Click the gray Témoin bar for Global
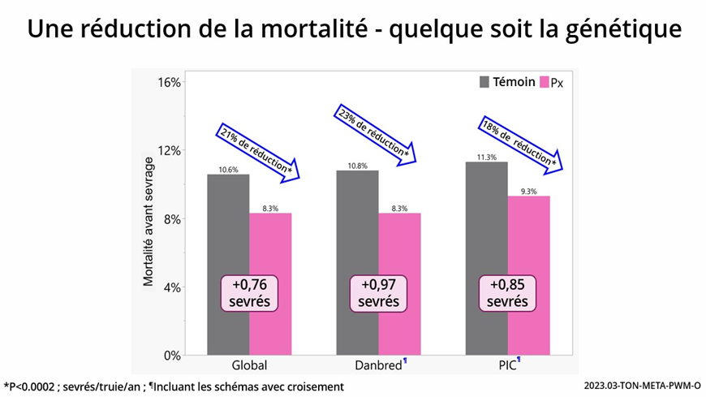(x=228, y=235)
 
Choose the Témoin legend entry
(x=507, y=82)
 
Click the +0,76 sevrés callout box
(x=250, y=293)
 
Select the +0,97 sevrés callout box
(x=379, y=293)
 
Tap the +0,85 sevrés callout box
(x=508, y=293)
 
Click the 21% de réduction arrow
(x=257, y=151)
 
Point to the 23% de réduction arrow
(x=376, y=133)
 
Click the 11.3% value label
(x=486, y=157)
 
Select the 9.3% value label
(x=529, y=192)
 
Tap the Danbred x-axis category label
(x=378, y=365)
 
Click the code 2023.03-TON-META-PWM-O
(x=642, y=386)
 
